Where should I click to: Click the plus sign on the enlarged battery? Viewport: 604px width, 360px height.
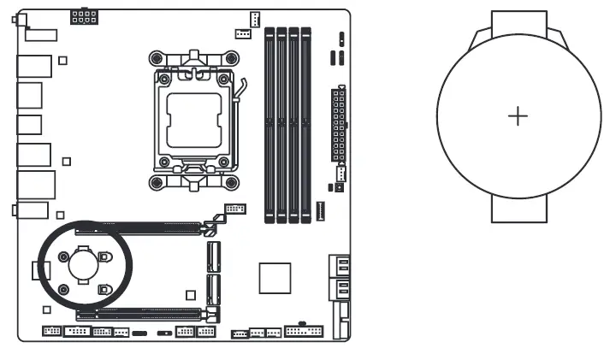click(518, 116)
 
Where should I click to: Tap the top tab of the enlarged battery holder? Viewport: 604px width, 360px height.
click(518, 24)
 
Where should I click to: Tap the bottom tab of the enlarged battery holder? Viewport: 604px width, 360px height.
click(518, 210)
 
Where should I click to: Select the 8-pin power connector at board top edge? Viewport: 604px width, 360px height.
click(84, 18)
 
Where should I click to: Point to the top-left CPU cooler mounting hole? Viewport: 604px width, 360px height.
click(155, 59)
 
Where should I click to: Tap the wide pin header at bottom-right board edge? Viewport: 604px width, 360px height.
click(303, 330)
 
